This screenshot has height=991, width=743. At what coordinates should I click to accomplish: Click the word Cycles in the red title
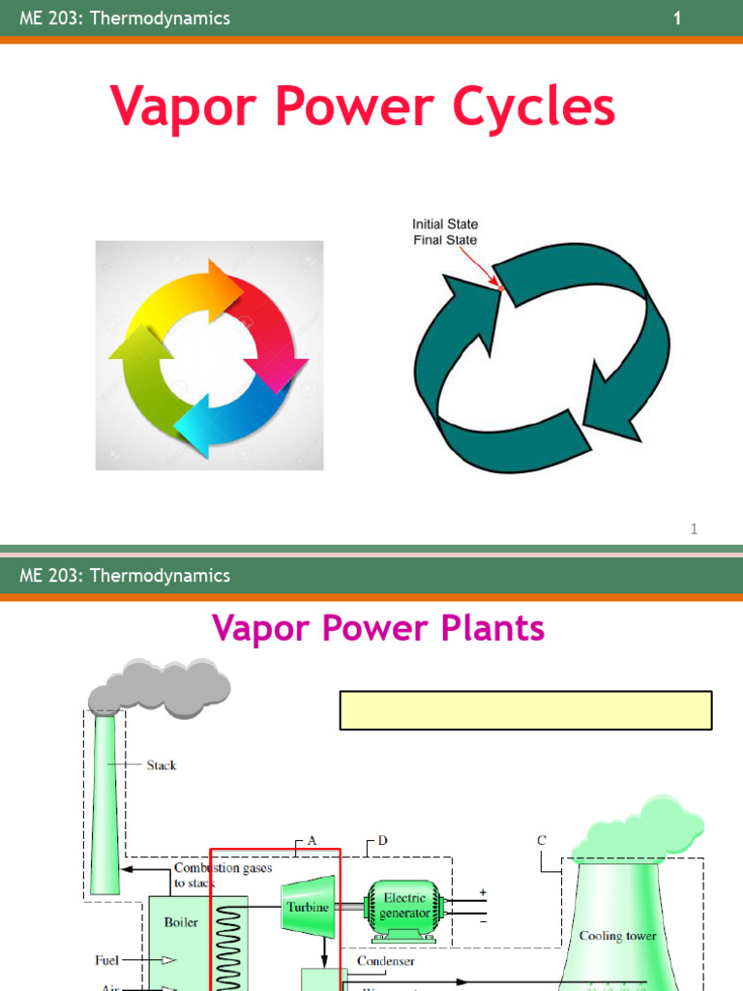pyautogui.click(x=531, y=106)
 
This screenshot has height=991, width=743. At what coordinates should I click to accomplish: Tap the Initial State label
pyautogui.click(x=445, y=225)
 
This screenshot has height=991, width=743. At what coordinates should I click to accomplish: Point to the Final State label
pyautogui.click(x=445, y=240)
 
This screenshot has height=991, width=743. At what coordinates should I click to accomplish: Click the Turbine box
pyautogui.click(x=308, y=907)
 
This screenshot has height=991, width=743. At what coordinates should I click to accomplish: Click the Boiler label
pyautogui.click(x=181, y=921)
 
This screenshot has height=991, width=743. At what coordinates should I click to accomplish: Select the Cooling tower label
pyautogui.click(x=617, y=936)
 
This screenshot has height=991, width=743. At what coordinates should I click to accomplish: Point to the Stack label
pyautogui.click(x=162, y=765)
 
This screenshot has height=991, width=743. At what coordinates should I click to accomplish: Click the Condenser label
pyautogui.click(x=386, y=961)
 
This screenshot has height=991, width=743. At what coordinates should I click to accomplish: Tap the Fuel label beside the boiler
pyautogui.click(x=107, y=960)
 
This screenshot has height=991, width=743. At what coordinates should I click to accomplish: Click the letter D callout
pyautogui.click(x=382, y=840)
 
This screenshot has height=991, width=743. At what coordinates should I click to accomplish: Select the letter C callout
pyautogui.click(x=542, y=841)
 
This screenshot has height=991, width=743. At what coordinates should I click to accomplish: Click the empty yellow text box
pyautogui.click(x=525, y=709)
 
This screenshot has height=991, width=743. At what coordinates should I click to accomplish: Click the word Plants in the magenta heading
pyautogui.click(x=485, y=629)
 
